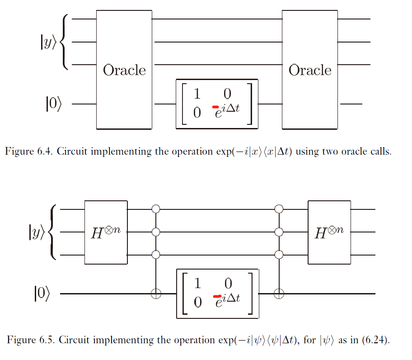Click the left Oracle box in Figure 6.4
tap(124, 70)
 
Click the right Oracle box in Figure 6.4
tap(310, 70)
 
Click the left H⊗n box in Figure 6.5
tap(106, 232)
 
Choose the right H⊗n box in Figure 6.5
tap(329, 232)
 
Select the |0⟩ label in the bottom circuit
tap(41, 294)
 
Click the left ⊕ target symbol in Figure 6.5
tap(156, 294)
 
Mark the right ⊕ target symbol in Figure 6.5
tap(279, 294)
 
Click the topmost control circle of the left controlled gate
tap(156, 209)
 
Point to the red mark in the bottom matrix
tap(216, 296)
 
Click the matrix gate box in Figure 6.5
tap(217, 293)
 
